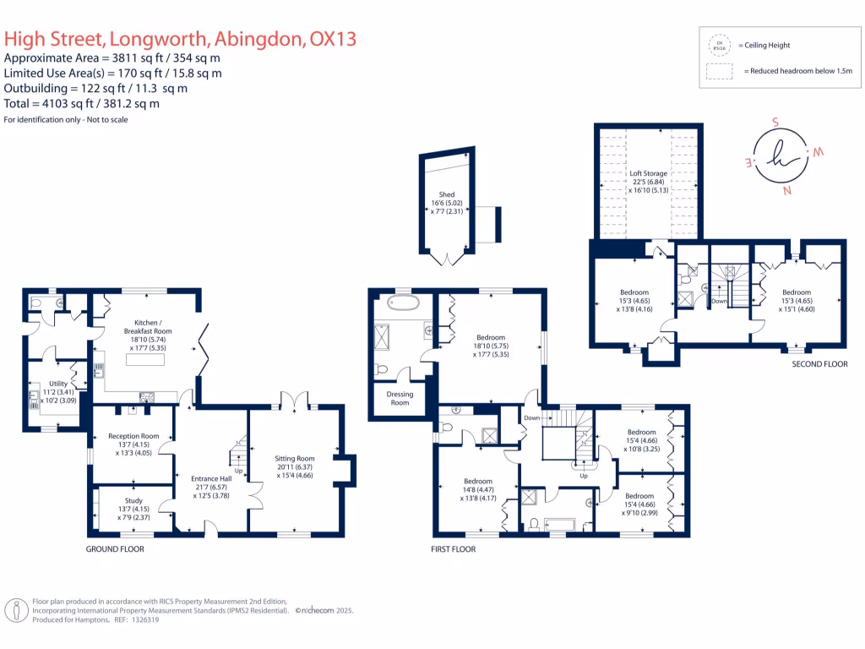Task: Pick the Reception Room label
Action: pyautogui.click(x=133, y=436)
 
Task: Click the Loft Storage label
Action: pyautogui.click(x=649, y=173)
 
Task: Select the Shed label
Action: pyautogui.click(x=446, y=194)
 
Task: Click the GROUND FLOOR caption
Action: pyautogui.click(x=115, y=549)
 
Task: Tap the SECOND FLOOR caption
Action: pyautogui.click(x=819, y=364)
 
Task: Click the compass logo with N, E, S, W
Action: pyautogui.click(x=781, y=155)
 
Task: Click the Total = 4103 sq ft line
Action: pyautogui.click(x=82, y=104)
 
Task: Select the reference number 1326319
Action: pyautogui.click(x=141, y=619)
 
